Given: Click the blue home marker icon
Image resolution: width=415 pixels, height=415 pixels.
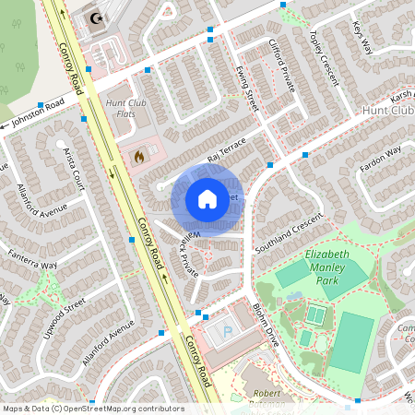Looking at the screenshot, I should click(207, 199).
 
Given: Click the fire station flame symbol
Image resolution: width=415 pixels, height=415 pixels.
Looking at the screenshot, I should click(139, 158).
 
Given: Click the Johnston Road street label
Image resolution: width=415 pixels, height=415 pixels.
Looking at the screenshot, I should click(38, 113).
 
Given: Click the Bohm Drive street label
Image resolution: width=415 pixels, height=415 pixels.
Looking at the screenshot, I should click(265, 323).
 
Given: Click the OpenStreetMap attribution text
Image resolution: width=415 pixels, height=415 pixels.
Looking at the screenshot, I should click(93, 408).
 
